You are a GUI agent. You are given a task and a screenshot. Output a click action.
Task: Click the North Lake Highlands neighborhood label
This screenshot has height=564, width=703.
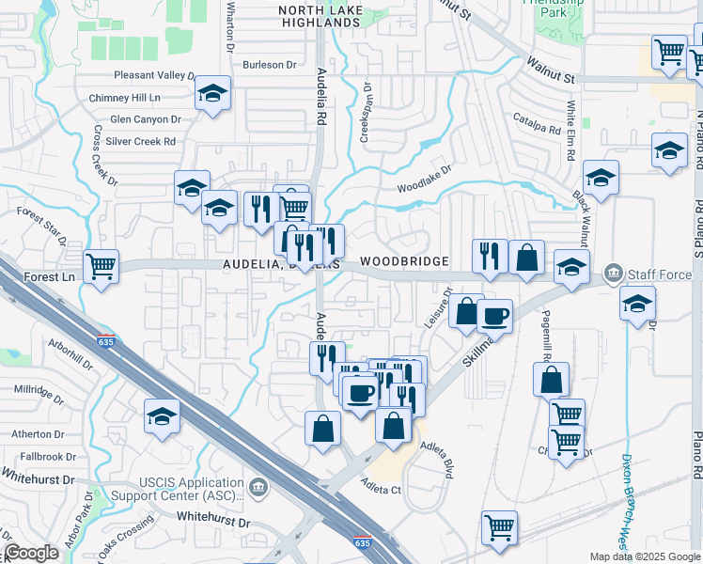tap(335, 10)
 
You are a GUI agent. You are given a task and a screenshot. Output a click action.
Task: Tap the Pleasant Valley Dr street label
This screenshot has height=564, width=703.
tap(153, 75)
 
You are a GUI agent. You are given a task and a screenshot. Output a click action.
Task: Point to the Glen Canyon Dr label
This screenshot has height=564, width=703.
tap(145, 119)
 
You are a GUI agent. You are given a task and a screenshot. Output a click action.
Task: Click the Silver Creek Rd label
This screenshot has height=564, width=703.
tap(141, 142)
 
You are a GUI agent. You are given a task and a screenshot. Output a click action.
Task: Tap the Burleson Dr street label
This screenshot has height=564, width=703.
tap(269, 65)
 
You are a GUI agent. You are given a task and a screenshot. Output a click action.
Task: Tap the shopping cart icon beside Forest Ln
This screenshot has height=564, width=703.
tap(100, 266)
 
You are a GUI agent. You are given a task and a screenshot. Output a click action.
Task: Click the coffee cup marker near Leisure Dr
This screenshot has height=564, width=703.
tap(494, 316)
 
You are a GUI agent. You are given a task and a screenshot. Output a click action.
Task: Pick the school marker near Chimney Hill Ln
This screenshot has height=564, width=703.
tap(213, 93)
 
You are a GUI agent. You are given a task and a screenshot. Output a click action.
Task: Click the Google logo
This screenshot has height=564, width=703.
tap(31, 554)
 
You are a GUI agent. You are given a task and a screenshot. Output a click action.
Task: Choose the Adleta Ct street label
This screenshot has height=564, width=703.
tap(381, 487)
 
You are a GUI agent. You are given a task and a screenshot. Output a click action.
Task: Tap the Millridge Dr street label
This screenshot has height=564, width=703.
tap(39, 389)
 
